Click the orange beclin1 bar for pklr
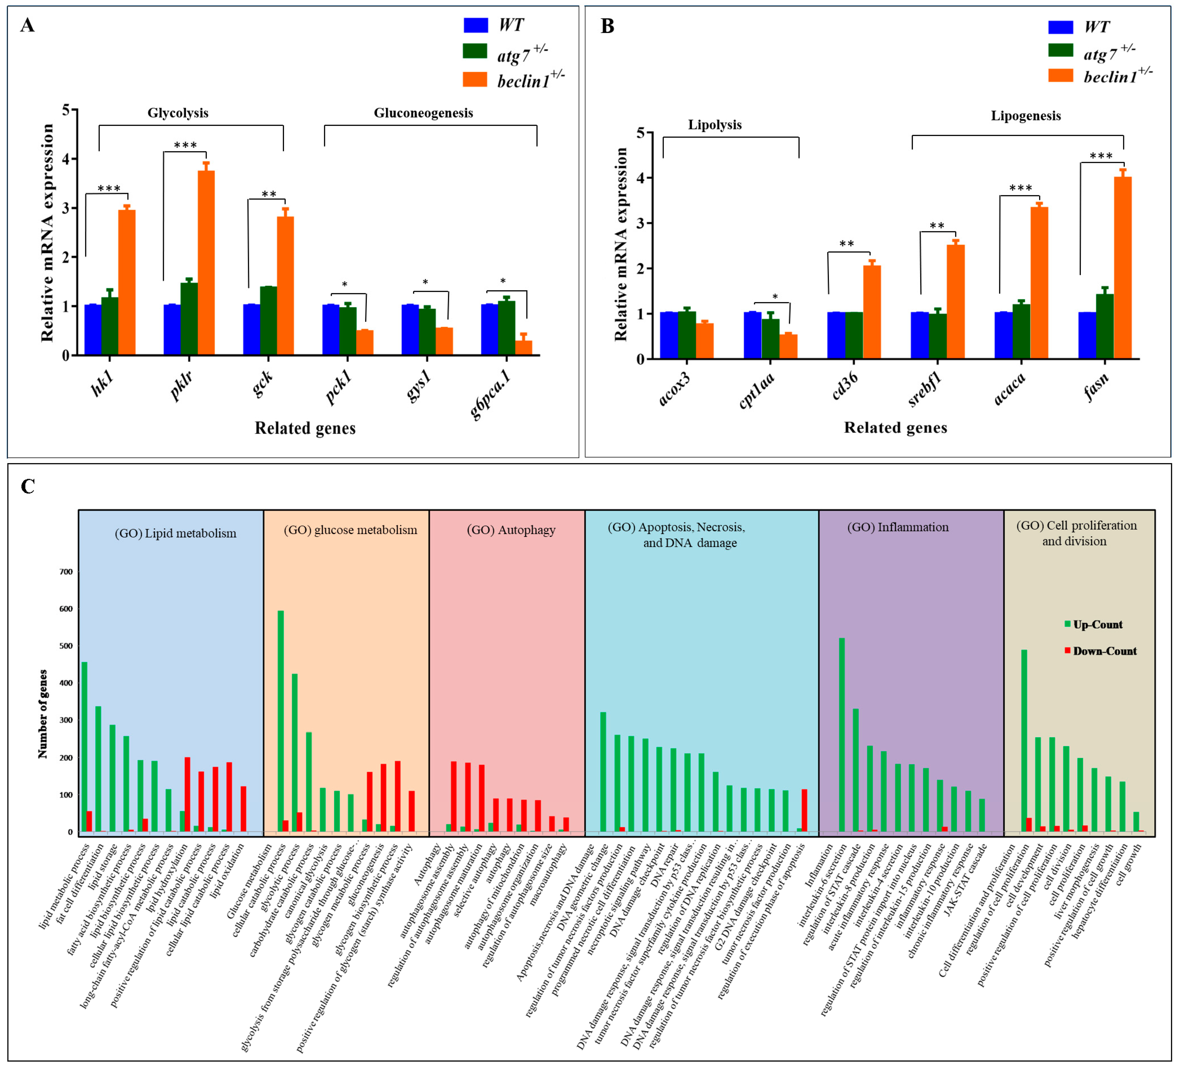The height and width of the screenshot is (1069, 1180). coord(206,262)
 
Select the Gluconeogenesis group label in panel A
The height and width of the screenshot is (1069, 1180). coord(423,113)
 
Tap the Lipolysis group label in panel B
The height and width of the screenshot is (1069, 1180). coord(715,125)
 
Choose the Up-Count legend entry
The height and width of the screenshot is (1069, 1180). coord(1098,625)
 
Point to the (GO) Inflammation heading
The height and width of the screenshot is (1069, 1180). coord(898,527)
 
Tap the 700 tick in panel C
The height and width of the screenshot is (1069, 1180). coord(65,572)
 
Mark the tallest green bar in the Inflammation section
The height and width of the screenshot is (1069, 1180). coord(842,734)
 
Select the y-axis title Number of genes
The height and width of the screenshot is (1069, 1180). coord(43,714)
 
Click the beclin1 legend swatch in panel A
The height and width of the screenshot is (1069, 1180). coord(475,80)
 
